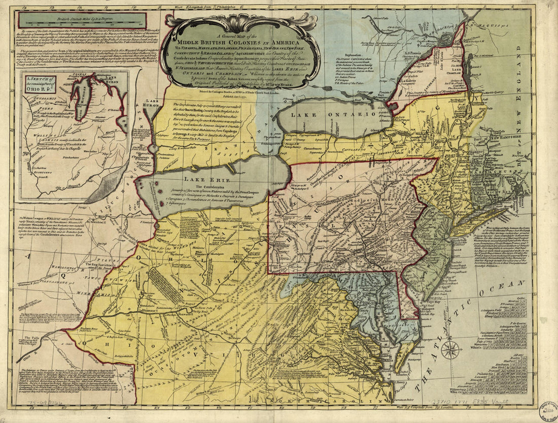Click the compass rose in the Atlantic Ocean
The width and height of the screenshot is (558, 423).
[450, 350]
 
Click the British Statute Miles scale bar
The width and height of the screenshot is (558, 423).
[83, 21]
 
